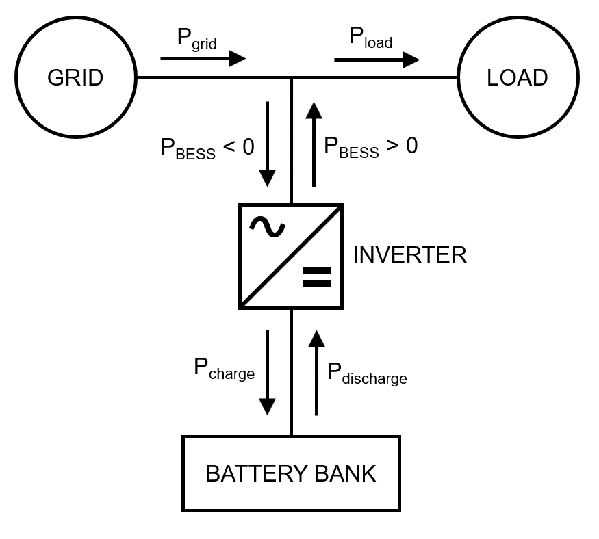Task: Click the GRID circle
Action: coord(75,78)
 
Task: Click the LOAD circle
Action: coord(518,78)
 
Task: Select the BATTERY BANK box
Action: coord(291,473)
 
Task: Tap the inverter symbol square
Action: coord(291,255)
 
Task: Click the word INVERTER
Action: coord(409,255)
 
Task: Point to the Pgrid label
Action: coord(196,38)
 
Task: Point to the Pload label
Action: coord(370,38)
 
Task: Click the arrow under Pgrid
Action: coord(203,59)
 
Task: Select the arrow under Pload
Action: coord(377,60)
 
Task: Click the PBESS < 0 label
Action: coord(207,148)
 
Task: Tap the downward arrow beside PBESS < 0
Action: coord(267,144)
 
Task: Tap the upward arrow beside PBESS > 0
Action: coord(314,144)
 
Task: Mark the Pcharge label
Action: coord(224,369)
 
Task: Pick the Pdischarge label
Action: coord(367,373)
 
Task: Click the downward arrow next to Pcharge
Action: coord(267,372)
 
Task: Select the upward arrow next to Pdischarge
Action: coord(316,372)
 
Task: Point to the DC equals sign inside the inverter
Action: coord(316,276)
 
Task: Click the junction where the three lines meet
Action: coord(292,78)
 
